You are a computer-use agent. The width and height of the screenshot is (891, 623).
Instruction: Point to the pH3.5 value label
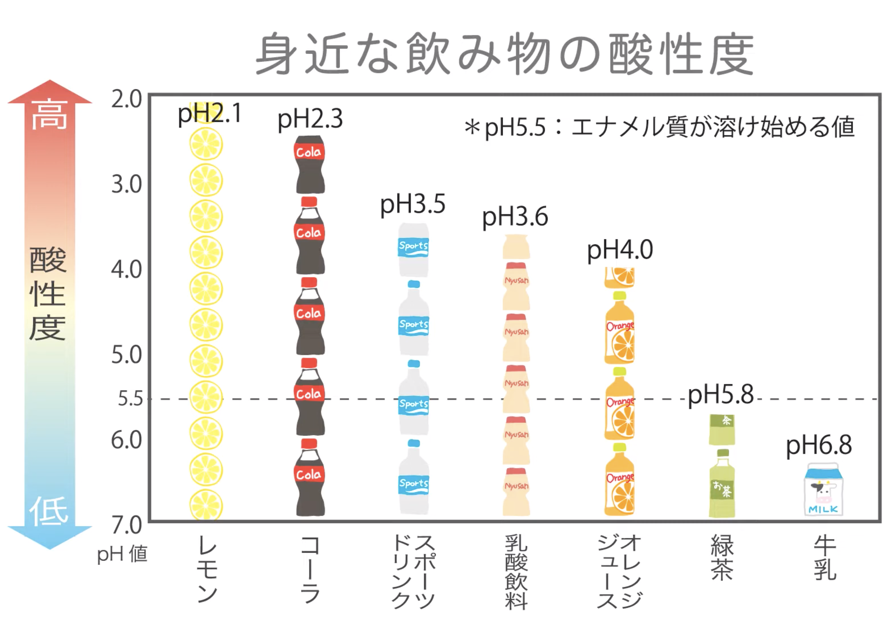point(413,205)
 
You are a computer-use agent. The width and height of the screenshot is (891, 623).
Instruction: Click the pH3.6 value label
point(515,217)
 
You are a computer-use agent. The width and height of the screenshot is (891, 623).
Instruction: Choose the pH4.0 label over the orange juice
point(620,250)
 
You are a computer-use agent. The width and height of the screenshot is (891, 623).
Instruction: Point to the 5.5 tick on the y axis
point(130,399)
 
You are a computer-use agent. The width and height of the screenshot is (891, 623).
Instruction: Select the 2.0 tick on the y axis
point(127,99)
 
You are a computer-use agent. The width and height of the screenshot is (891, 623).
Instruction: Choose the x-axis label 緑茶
point(722,557)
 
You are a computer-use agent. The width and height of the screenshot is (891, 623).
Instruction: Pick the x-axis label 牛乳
point(825,557)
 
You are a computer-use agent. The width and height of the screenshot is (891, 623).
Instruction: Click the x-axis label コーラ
point(310,569)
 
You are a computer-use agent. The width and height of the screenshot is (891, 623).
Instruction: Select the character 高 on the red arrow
point(49,114)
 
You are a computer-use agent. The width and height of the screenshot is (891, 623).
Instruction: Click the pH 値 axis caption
point(122,554)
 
